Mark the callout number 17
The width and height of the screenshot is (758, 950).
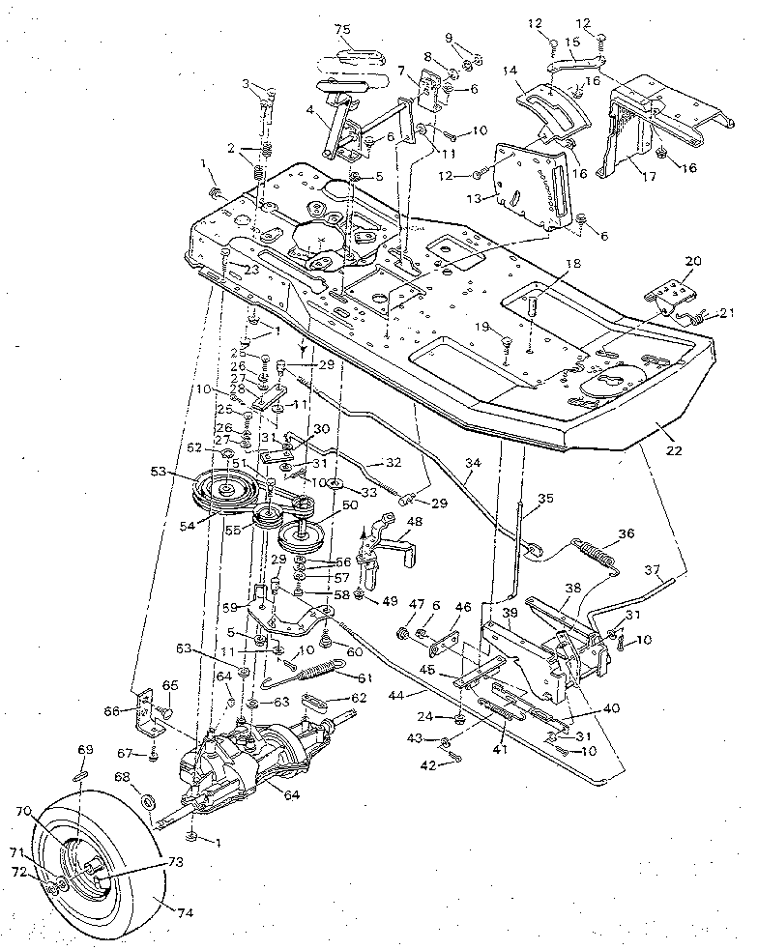(x=640, y=177)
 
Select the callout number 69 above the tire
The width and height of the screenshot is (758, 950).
(x=83, y=750)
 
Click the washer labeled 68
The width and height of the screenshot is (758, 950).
(x=148, y=801)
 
